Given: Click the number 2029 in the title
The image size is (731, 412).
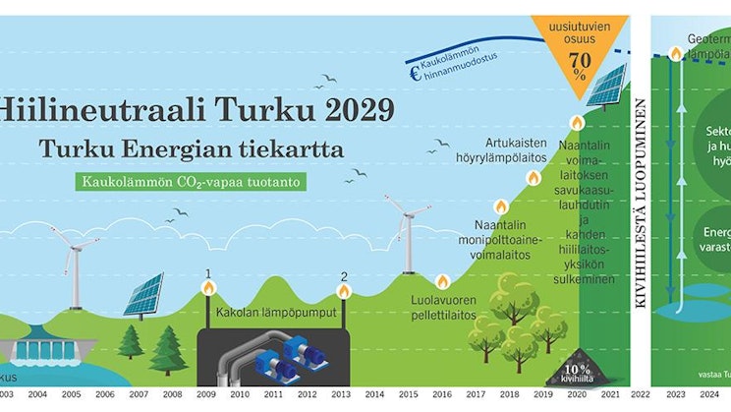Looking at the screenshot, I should [x=341, y=108].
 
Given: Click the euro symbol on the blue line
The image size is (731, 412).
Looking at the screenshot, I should [x=416, y=72].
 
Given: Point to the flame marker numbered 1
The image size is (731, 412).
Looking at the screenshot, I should [x=208, y=288].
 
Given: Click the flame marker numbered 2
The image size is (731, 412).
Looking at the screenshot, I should [x=343, y=290].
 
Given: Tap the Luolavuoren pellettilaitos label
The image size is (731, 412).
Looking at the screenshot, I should [x=443, y=309].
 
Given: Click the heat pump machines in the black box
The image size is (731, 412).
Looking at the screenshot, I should [x=275, y=358].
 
